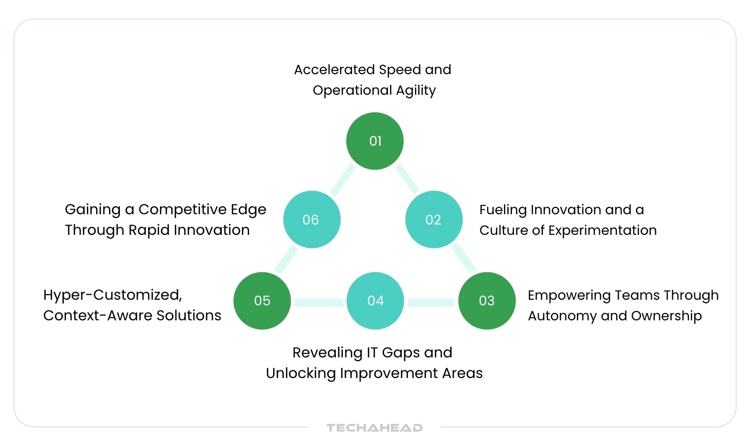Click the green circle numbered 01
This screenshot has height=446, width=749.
(x=374, y=141)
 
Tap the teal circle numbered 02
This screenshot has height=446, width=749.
(x=434, y=219)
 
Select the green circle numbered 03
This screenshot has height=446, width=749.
(x=487, y=301)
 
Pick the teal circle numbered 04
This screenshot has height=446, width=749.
(x=375, y=301)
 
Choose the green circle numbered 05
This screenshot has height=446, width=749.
(x=262, y=301)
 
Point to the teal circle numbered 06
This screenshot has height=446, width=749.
(x=312, y=219)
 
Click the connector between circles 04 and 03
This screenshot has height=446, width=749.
(x=431, y=302)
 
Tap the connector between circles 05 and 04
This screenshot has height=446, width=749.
(x=318, y=302)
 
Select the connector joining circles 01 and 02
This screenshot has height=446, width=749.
(x=407, y=178)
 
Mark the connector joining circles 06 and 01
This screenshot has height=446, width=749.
(x=343, y=180)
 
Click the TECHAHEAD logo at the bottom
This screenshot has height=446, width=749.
(x=374, y=427)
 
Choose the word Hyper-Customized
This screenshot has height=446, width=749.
(x=113, y=295)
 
